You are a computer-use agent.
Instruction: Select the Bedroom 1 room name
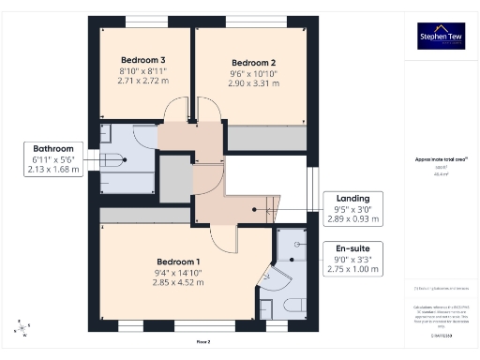(178, 262)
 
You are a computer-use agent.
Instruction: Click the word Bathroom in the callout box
(52, 148)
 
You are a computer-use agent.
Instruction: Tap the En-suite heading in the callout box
(352, 248)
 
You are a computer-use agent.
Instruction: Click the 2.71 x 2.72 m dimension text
(141, 82)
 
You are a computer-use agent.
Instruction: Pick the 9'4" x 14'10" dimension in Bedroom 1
(178, 273)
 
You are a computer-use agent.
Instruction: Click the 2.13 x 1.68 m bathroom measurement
(52, 170)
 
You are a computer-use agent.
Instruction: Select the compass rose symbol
(22, 329)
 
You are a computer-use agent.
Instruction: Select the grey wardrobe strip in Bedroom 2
(267, 139)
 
